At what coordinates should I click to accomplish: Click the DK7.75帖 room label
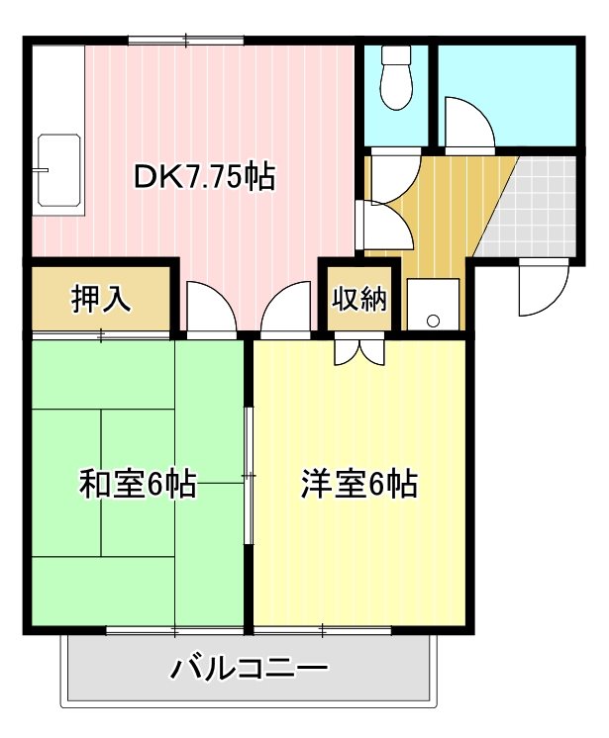[204, 178]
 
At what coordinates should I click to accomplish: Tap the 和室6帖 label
[137, 485]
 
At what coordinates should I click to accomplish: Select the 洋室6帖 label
[357, 485]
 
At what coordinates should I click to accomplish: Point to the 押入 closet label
[101, 299]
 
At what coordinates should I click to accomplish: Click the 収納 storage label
[359, 299]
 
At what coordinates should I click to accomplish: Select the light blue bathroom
[505, 94]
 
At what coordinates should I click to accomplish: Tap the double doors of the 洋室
[357, 349]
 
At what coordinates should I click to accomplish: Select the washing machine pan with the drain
[433, 304]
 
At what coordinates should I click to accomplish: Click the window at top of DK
[185, 41]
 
